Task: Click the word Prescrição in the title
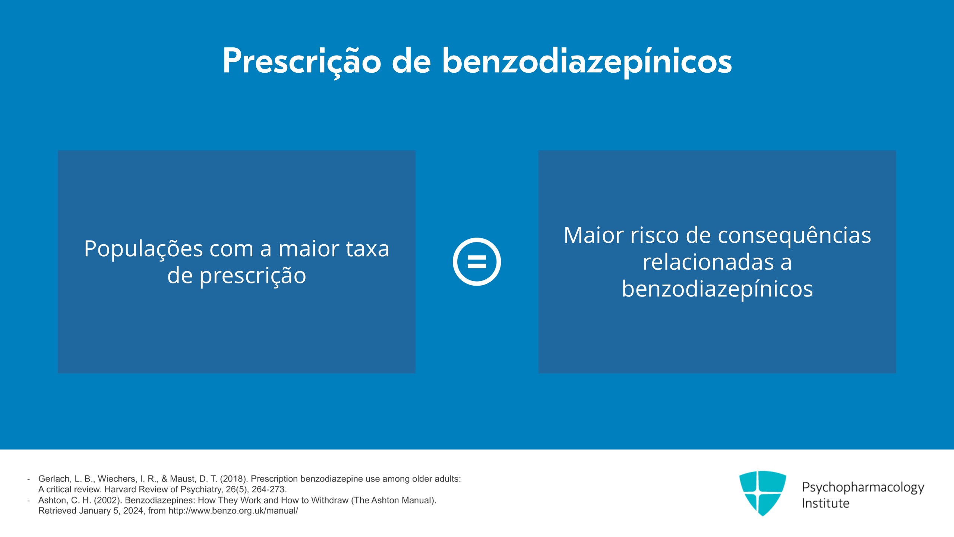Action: click(x=302, y=62)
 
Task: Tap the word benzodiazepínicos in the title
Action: click(x=587, y=62)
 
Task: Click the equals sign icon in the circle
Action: click(x=477, y=261)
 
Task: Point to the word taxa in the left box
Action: click(x=367, y=248)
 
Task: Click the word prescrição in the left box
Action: click(x=253, y=276)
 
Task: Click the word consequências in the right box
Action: click(x=795, y=236)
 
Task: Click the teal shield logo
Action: click(x=762, y=493)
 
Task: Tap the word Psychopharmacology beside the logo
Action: click(x=863, y=488)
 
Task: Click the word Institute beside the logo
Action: click(x=825, y=503)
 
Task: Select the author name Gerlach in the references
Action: click(x=54, y=479)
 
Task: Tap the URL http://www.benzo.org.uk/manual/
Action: click(x=233, y=511)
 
